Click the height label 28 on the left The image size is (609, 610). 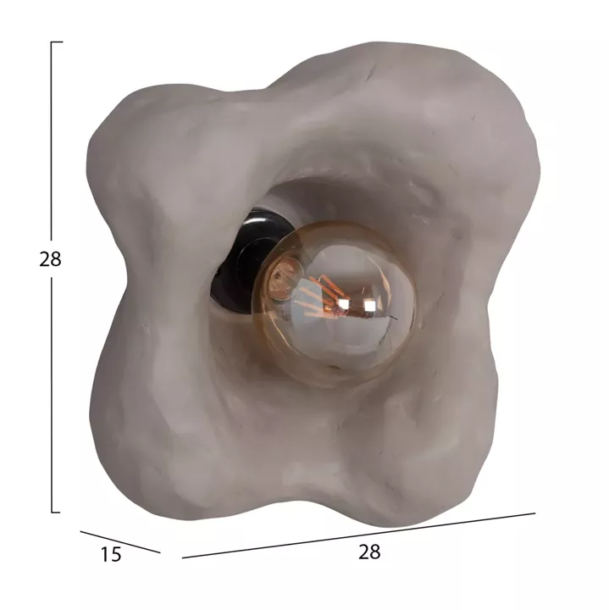[x=50, y=258]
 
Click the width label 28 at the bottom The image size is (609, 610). [x=369, y=552]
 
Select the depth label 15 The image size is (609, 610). [x=111, y=554]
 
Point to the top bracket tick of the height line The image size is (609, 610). [x=57, y=42]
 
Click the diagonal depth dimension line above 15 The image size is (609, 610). [x=120, y=542]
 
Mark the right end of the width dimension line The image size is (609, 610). [x=535, y=513]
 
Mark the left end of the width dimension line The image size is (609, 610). [x=183, y=557]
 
